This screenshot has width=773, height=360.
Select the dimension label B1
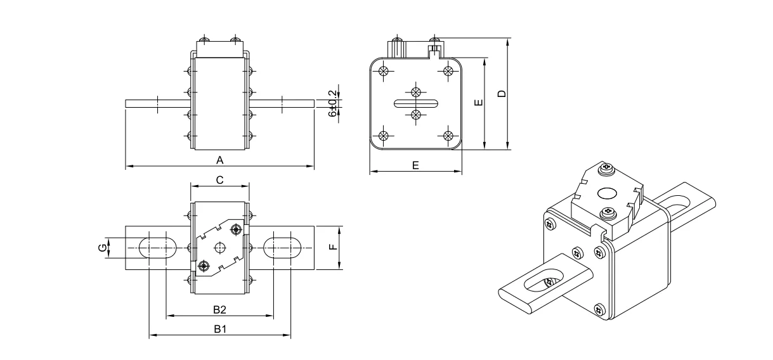[x=219, y=329]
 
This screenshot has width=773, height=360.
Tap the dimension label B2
[x=219, y=309]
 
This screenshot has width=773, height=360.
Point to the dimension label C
[x=219, y=180]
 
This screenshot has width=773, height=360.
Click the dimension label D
[x=502, y=94]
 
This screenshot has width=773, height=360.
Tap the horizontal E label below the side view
[x=415, y=165]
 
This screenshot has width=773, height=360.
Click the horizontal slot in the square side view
[x=415, y=103]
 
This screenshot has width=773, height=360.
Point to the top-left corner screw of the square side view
[x=383, y=71]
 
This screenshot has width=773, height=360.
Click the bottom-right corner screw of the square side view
[x=448, y=136]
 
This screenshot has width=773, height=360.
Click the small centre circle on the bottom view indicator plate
[x=220, y=247]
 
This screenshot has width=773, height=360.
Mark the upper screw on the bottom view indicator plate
[x=237, y=229]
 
